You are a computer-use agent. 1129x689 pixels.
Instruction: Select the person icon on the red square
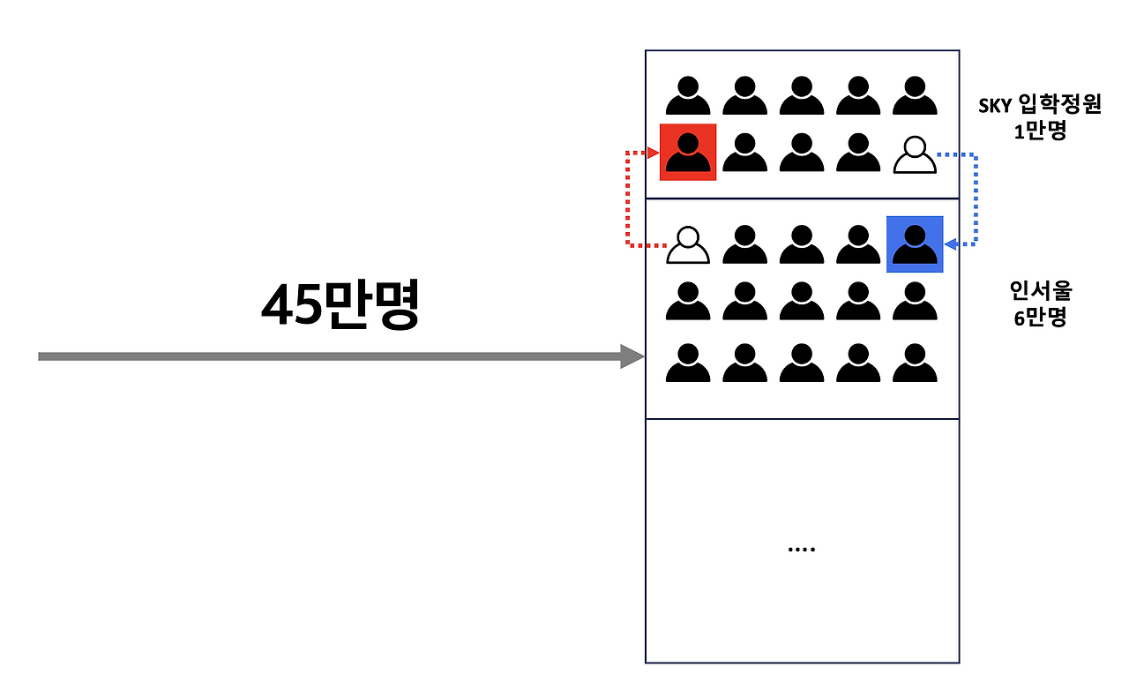coord(688,153)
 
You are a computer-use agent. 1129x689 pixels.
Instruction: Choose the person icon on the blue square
coord(915,244)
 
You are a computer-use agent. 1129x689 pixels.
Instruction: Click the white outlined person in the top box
coord(915,154)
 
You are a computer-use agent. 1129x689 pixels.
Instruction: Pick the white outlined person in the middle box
coord(688,245)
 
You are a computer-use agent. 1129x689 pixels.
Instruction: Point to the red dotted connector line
coord(627,198)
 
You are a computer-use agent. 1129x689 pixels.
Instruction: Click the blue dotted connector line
coord(976,198)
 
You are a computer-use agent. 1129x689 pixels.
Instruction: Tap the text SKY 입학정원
coord(1040,106)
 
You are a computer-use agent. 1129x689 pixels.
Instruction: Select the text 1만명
coord(1041,131)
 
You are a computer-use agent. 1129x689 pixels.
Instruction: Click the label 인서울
coord(1040,291)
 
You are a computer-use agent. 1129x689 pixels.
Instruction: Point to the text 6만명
coord(1040,317)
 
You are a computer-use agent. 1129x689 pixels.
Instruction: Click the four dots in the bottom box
coord(801,550)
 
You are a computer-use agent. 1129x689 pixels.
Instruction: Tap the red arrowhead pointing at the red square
coord(654,153)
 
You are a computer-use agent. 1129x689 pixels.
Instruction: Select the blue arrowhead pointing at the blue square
coord(949,244)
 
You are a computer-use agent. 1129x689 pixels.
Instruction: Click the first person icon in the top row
coord(688,95)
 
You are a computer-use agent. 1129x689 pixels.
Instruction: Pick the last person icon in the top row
coord(915,95)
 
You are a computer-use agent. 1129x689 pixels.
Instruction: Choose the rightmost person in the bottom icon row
coord(915,363)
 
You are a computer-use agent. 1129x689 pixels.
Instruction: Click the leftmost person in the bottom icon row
coord(688,363)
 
